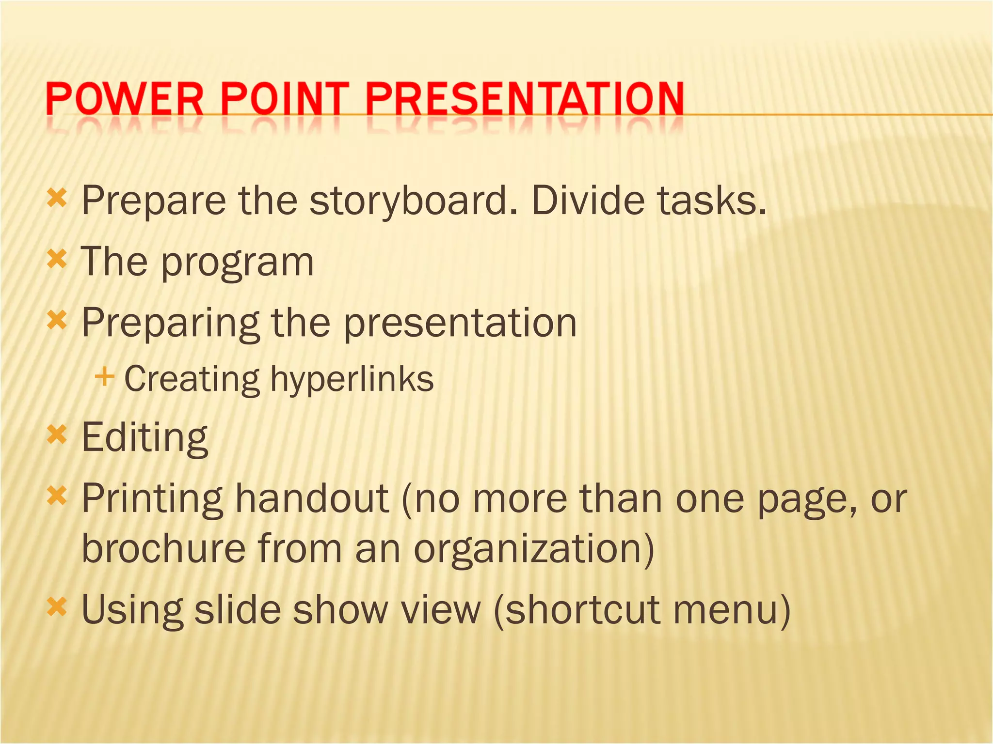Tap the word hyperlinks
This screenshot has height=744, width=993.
tap(352, 379)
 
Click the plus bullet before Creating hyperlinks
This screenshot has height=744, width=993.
tap(105, 377)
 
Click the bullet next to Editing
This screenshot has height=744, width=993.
tap(57, 434)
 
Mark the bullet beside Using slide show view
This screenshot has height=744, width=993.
tap(57, 606)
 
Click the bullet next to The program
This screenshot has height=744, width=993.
tap(57, 260)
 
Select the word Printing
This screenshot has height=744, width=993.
tap(152, 499)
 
